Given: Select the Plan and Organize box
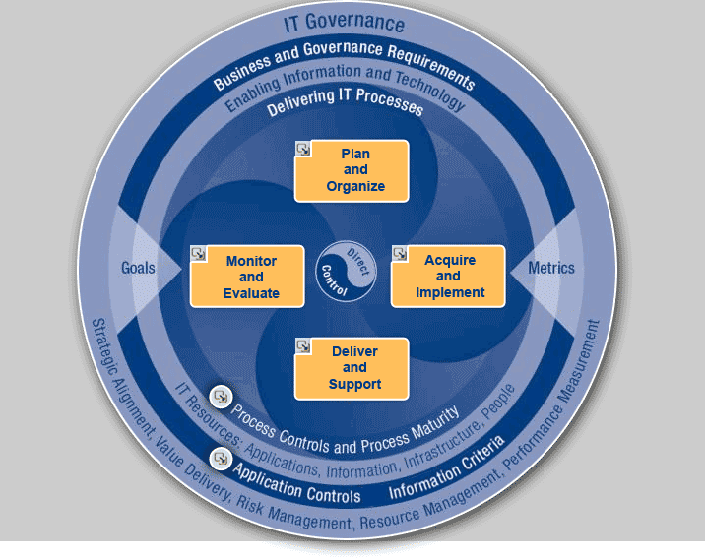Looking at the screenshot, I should click(x=352, y=171).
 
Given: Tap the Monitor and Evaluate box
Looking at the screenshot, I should click(x=248, y=277).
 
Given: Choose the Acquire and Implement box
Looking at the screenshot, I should click(x=449, y=277).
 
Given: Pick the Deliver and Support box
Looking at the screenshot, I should click(x=352, y=368).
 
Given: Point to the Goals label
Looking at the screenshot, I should click(x=138, y=268).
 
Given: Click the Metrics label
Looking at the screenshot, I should click(x=551, y=268).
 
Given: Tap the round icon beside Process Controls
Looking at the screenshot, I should click(x=221, y=397).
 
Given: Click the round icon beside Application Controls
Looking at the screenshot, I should click(x=221, y=458).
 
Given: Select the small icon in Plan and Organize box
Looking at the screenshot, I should click(x=303, y=150).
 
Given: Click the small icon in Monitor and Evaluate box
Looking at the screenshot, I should click(x=199, y=254).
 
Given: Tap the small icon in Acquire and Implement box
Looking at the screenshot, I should click(x=400, y=254).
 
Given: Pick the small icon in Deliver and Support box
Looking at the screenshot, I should click(x=303, y=345).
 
